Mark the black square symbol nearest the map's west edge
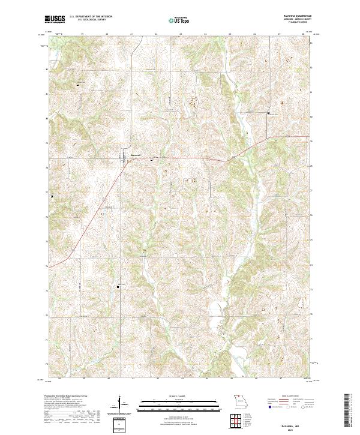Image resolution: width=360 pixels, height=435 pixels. pyautogui.click(x=52, y=196)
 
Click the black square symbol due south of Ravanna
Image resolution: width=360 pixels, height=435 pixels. pyautogui.click(x=118, y=287)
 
